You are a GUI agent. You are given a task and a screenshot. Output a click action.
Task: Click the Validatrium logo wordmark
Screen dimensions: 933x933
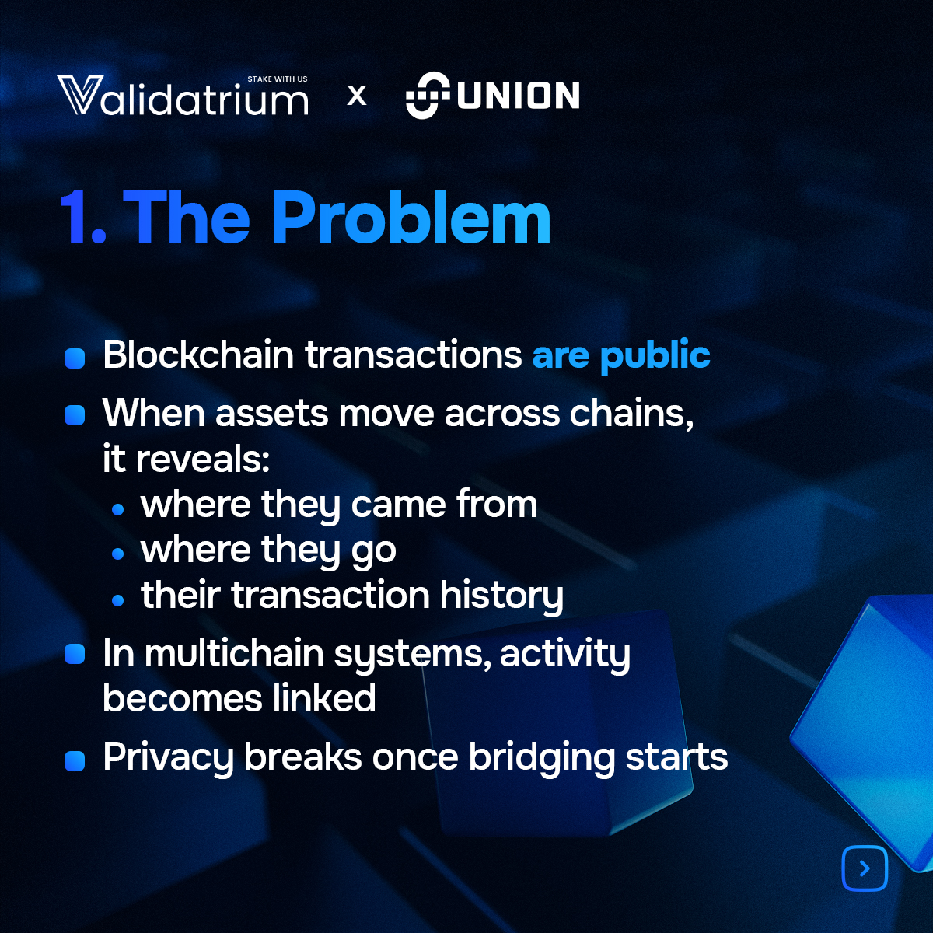pyautogui.click(x=183, y=97)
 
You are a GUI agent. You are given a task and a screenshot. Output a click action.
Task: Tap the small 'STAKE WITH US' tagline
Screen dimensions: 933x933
pyautogui.click(x=278, y=79)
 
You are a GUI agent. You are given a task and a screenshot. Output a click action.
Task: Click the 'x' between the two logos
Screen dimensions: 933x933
pyautogui.click(x=357, y=96)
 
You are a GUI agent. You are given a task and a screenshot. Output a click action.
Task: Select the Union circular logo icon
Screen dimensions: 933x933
pyautogui.click(x=428, y=96)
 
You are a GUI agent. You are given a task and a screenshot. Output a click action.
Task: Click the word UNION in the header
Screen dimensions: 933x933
pyautogui.click(x=519, y=96)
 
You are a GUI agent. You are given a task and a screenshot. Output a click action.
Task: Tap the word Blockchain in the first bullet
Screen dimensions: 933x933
pyautogui.click(x=198, y=355)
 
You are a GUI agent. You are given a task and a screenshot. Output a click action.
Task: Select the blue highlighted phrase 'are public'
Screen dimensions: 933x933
pyautogui.click(x=620, y=356)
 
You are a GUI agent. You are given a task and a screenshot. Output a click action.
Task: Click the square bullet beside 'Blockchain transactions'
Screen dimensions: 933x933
pyautogui.click(x=75, y=358)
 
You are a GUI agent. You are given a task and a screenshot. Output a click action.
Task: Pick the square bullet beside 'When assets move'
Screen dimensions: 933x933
pyautogui.click(x=75, y=415)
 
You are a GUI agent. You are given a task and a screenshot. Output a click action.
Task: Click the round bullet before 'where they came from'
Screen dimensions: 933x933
pyautogui.click(x=118, y=509)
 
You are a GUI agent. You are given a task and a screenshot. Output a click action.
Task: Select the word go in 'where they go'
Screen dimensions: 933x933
pyautogui.click(x=374, y=551)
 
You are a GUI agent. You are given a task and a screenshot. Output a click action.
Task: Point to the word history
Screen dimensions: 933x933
pyautogui.click(x=501, y=596)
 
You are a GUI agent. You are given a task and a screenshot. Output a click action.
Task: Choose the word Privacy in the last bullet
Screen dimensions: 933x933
pyautogui.click(x=167, y=758)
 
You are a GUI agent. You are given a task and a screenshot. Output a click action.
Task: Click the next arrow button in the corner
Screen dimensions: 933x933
pyautogui.click(x=865, y=868)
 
